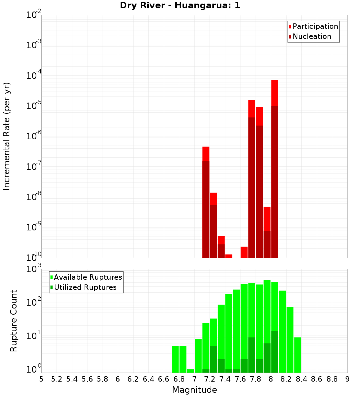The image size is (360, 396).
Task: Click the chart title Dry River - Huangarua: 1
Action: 180,5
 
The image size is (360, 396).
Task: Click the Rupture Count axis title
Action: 14,320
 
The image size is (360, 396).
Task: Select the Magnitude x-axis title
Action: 194,390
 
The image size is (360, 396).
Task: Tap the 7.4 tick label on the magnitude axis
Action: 225,379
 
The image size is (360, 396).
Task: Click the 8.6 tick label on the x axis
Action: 317,379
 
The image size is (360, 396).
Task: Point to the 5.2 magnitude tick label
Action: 57,379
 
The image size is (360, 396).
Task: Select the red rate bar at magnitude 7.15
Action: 206,202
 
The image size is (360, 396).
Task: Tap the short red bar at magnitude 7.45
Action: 229,256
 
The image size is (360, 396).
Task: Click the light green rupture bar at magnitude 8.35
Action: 297,355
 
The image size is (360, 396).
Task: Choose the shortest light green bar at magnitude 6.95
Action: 190,371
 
